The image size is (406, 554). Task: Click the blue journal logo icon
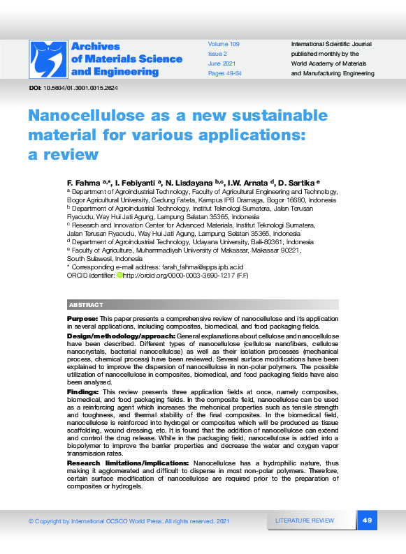(48, 59)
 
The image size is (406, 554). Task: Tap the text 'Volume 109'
(224, 44)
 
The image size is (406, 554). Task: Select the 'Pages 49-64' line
(225, 73)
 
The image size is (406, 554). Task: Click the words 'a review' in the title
(64, 154)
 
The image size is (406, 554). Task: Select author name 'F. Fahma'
(83, 181)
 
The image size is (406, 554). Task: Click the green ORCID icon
(119, 276)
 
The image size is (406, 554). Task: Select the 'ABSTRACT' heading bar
(203, 305)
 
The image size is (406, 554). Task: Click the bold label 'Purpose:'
(82, 318)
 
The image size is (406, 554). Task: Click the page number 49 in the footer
(368, 521)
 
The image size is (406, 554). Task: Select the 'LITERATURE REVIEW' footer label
(305, 521)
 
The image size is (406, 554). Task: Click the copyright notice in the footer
(129, 521)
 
